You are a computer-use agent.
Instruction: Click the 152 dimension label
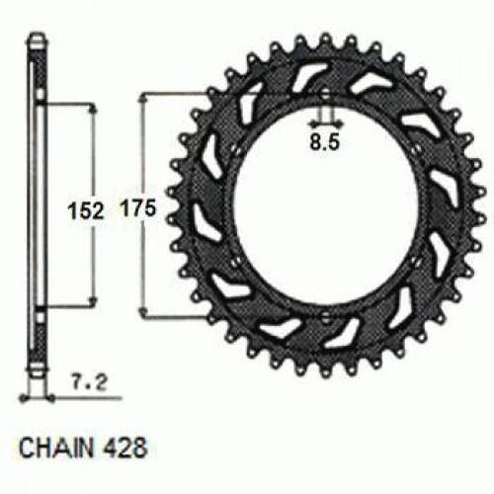point(86,210)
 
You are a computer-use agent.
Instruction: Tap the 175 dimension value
point(138,208)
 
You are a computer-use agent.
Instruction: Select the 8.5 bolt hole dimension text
point(324,142)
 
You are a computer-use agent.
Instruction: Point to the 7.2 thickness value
point(90,382)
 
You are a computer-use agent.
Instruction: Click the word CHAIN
point(56,448)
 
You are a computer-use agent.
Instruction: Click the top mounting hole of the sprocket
point(325,95)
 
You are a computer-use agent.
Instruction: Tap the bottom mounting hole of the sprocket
point(325,317)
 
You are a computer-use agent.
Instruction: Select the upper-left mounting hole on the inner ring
point(236,149)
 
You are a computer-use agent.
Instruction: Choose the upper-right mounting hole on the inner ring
point(416,147)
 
